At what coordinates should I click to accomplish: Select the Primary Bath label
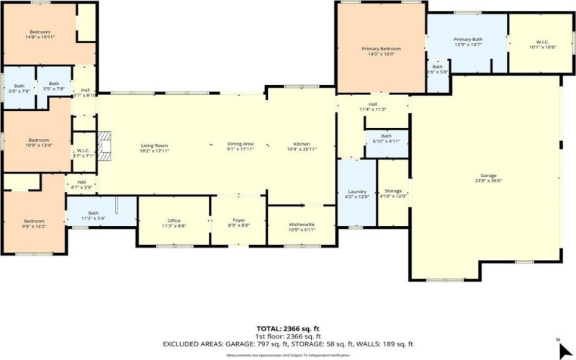(x=467, y=41)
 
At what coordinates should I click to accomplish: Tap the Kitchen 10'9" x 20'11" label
(x=301, y=146)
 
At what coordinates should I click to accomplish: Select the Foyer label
(x=240, y=223)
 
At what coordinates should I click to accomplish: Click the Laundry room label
(x=356, y=193)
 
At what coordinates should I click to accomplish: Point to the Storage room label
(x=393, y=193)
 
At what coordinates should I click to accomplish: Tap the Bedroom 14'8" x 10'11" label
(x=39, y=34)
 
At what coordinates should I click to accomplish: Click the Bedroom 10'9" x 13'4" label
(x=38, y=142)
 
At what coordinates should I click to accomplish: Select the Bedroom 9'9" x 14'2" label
(x=35, y=223)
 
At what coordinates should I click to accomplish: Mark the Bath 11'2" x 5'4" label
(x=94, y=215)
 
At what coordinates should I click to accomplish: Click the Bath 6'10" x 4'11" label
(x=387, y=138)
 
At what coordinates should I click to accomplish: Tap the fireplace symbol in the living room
(x=106, y=144)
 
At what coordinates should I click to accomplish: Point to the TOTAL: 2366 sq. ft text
(x=288, y=328)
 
